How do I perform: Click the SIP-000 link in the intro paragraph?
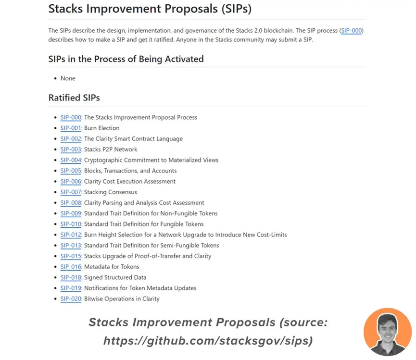click(x=352, y=30)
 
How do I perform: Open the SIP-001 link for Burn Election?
click(x=71, y=128)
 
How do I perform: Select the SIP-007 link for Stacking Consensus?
click(x=71, y=192)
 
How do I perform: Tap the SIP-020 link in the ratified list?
click(x=71, y=299)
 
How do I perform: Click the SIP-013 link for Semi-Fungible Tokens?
click(x=71, y=246)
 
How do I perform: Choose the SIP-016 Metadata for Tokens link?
click(x=71, y=267)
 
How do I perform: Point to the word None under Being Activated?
click(x=68, y=78)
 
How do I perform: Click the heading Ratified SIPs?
click(x=74, y=98)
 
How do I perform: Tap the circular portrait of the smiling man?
click(x=387, y=332)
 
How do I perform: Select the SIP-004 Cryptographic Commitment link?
click(x=71, y=160)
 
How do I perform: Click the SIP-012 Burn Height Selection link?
click(x=71, y=235)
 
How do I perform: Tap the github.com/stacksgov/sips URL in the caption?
click(x=208, y=341)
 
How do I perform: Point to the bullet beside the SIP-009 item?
click(x=55, y=214)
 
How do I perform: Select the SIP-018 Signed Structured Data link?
click(x=71, y=277)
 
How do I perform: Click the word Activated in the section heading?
click(x=184, y=59)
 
